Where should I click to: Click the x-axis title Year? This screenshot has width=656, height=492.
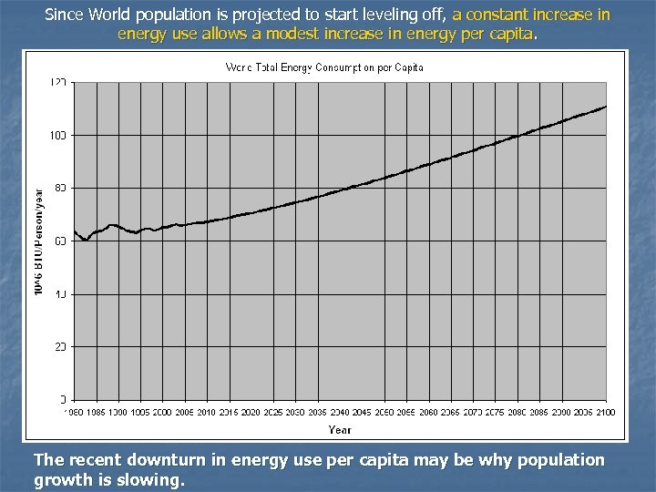(339, 429)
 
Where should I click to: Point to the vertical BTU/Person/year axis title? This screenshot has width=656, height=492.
(38, 241)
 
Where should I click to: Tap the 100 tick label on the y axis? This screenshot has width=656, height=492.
(59, 135)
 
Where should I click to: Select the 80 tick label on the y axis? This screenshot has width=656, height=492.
(61, 188)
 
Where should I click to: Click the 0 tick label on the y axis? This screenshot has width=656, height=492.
(63, 399)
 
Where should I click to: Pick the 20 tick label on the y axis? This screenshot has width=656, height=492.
(61, 346)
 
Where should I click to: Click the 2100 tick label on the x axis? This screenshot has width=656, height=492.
(606, 413)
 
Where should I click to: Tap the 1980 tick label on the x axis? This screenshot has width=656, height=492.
(73, 413)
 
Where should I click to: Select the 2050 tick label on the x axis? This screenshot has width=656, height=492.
(384, 413)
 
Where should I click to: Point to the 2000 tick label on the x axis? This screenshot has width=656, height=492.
(161, 413)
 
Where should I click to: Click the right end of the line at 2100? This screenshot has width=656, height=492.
(606, 107)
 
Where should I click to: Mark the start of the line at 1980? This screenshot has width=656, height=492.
(74, 231)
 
